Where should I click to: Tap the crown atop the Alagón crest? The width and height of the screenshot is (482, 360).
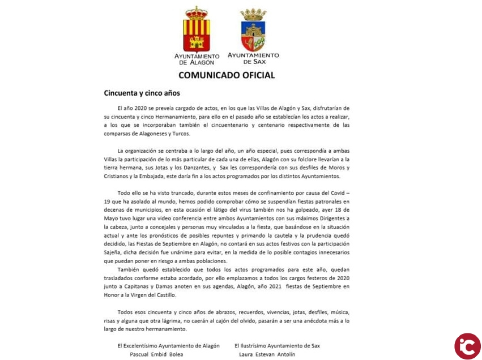197,12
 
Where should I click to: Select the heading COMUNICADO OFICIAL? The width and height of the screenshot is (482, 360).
227,75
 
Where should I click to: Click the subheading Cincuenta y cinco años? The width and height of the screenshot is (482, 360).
142,93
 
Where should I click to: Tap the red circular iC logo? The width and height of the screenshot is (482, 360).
467,346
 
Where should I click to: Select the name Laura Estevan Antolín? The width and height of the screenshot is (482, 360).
268,354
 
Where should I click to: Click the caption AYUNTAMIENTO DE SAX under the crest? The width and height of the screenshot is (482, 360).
253,58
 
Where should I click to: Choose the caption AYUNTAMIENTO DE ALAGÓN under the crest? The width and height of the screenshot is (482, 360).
197,59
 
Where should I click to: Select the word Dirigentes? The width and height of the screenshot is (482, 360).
326,218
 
